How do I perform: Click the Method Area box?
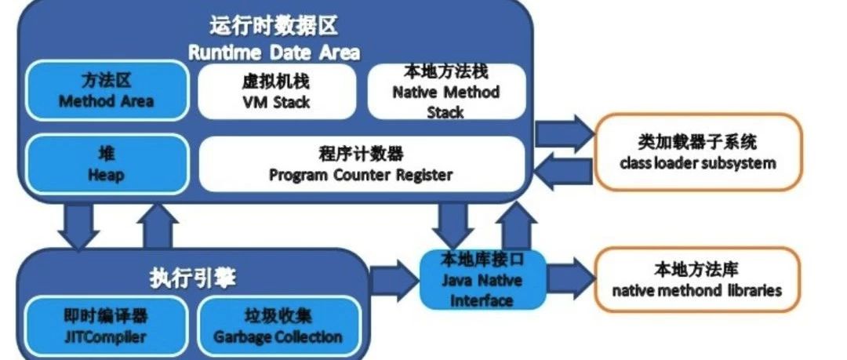[107, 91]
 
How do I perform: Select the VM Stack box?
[277, 91]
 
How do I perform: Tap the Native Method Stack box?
[446, 91]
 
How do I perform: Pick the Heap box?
[107, 165]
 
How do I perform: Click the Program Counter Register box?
[362, 165]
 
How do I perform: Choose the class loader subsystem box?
[698, 152]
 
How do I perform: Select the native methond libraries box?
[697, 280]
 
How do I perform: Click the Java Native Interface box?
[482, 280]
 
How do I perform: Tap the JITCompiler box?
[106, 326]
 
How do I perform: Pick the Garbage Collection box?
[278, 326]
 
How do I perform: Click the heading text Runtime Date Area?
[274, 53]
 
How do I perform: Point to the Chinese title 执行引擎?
[193, 279]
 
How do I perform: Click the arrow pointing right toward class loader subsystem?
[565, 133]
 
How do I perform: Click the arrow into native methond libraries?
[570, 278]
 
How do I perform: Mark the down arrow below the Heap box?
[78, 227]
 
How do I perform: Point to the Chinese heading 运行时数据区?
[274, 26]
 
